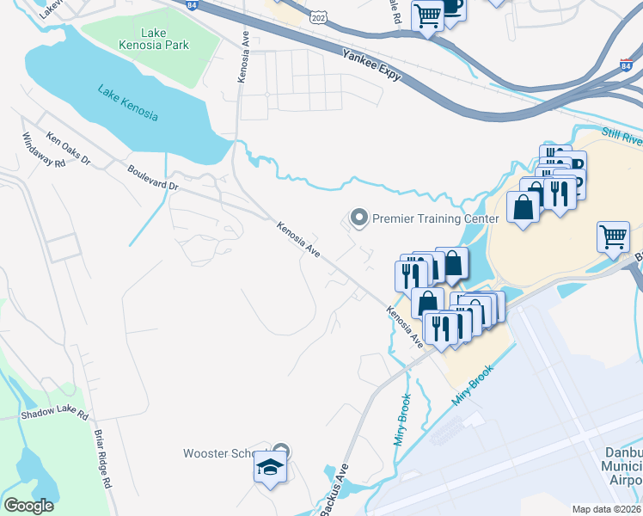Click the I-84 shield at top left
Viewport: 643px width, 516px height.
click(x=189, y=5)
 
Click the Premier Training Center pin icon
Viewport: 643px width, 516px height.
click(x=359, y=218)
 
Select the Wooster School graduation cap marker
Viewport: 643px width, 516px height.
click(x=269, y=469)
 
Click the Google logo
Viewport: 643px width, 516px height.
click(x=29, y=506)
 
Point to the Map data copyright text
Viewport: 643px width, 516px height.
click(x=607, y=509)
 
